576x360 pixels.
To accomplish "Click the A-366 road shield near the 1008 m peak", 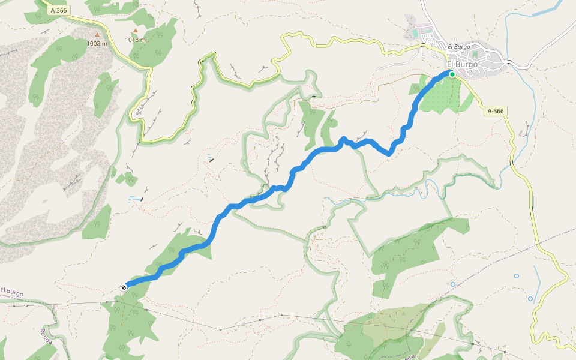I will coord(59,10).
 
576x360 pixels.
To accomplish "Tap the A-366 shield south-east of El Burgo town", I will coord(496,111).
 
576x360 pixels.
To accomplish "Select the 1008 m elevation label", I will coord(97,43).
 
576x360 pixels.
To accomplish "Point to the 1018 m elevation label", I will coord(136,40).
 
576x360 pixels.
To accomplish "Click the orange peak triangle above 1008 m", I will coord(97,35).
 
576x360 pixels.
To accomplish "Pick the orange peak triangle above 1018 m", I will coord(136,31).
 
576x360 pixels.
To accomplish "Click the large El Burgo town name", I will coord(462,64).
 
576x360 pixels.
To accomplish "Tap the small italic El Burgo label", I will coord(458,46).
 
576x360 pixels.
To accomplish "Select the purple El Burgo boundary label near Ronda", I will coord(11,292).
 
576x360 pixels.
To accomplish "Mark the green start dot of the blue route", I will coord(452,74).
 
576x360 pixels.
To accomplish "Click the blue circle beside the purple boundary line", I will coord(453,284).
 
